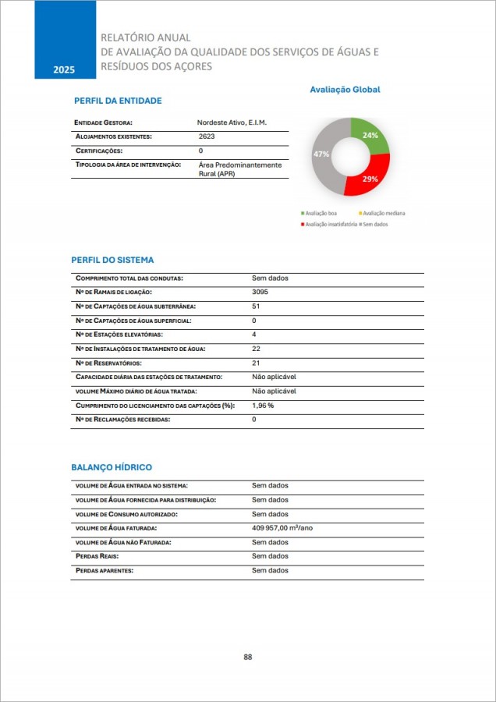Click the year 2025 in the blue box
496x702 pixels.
click(64, 70)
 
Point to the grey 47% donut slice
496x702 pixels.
click(323, 156)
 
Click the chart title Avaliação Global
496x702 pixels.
click(345, 90)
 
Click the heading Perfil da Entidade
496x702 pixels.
click(118, 101)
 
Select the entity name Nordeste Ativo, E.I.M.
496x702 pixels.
click(232, 122)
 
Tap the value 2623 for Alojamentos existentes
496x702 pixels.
click(207, 136)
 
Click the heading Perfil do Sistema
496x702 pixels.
click(112, 260)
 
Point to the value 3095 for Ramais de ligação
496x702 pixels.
click(260, 292)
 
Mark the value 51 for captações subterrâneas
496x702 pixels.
click(256, 306)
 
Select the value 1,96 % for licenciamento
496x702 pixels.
click(263, 406)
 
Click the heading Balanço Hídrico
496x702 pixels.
click(112, 466)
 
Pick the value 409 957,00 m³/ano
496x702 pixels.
click(282, 528)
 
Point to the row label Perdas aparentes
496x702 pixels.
click(105, 570)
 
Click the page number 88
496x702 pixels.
click(248, 657)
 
